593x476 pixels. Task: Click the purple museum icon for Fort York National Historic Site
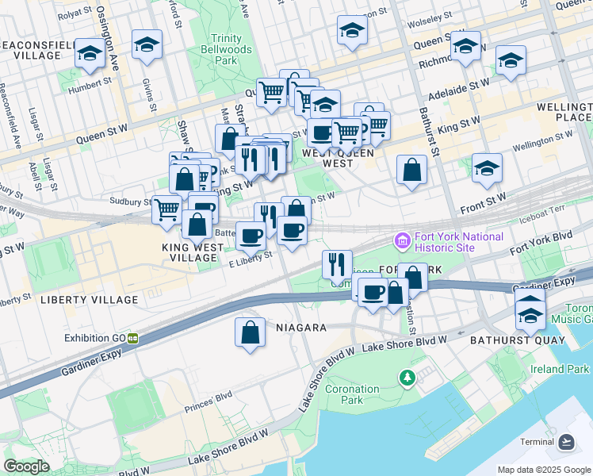pos(402,240)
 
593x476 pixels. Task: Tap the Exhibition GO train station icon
pos(133,338)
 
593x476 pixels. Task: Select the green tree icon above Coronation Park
pos(407,376)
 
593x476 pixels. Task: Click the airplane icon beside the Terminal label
pos(566,442)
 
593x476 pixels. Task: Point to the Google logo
pos(26,466)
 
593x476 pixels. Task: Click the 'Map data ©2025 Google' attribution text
pos(543,470)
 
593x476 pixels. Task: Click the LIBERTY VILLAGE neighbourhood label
pos(89,300)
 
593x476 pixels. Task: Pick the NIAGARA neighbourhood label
pos(300,327)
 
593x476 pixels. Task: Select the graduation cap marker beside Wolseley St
pos(352,30)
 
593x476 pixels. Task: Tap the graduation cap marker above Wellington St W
pos(487,168)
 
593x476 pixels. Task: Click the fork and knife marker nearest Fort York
pos(337,265)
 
